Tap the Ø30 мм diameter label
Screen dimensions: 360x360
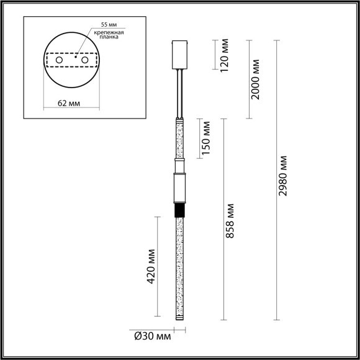(x=152, y=336)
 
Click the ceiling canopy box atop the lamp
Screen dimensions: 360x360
(x=180, y=55)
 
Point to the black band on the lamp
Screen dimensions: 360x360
(x=180, y=212)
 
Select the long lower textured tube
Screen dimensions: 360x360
(x=180, y=267)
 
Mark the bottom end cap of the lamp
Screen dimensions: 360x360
(x=180, y=320)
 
